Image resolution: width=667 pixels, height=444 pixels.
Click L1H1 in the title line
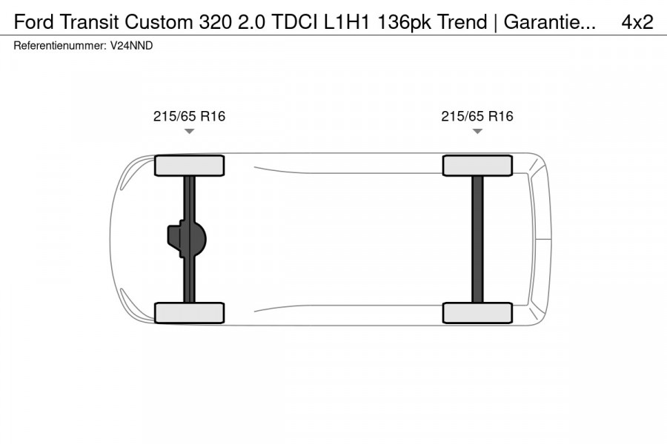point(349,21)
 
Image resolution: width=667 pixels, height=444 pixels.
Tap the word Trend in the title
point(462,21)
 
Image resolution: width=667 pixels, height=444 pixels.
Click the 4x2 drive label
point(637,21)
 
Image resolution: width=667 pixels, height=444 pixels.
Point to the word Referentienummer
point(59,45)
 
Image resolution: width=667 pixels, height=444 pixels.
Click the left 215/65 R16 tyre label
point(189,116)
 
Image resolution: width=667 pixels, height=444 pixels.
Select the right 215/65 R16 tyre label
point(477,116)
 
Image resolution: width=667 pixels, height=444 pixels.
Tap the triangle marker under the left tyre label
point(189,131)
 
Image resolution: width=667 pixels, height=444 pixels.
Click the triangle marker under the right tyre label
point(477,131)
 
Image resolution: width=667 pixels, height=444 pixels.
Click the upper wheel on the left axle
point(189,165)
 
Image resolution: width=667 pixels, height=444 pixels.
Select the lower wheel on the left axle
point(189,312)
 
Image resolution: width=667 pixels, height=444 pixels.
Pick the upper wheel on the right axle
point(477,165)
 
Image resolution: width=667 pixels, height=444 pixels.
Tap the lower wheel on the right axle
point(477,312)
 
